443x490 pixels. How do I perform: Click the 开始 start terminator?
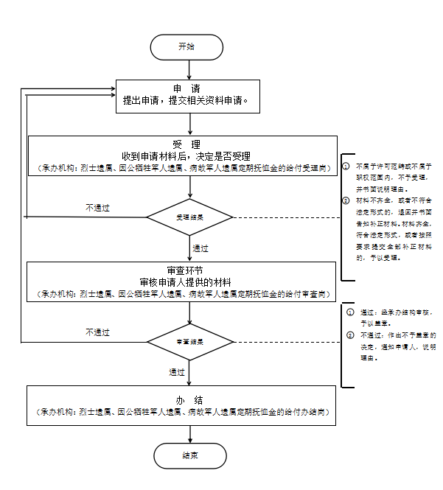187,46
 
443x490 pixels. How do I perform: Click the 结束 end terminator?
189,455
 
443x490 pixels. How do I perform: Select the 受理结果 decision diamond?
189,218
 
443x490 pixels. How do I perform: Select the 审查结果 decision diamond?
189,342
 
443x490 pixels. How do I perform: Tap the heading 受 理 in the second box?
182,144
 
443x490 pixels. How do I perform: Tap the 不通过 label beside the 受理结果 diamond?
97,209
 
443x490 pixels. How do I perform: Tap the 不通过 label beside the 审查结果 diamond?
97,333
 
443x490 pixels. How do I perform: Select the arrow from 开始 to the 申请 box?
189,69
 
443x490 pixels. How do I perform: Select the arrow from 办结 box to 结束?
189,434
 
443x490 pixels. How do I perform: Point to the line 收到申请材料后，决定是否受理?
186,156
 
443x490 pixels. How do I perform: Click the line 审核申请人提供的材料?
185,283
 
